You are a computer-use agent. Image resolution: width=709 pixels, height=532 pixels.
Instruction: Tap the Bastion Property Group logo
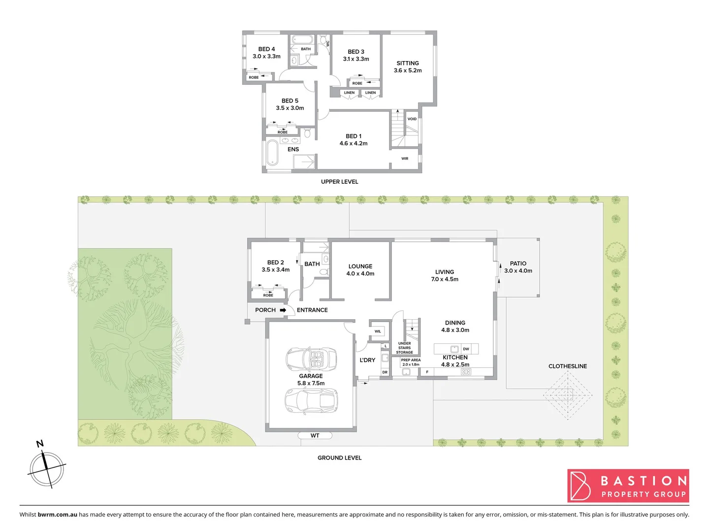click(628, 486)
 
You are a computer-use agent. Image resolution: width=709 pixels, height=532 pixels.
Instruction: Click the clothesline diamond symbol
click(568, 395)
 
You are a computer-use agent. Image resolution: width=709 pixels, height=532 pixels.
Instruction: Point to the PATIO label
click(518, 264)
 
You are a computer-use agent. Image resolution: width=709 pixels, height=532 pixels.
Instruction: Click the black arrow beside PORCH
click(283, 310)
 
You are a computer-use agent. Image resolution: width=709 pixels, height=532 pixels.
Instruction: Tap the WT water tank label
click(315, 435)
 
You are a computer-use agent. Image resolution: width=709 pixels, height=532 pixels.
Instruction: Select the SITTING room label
click(408, 63)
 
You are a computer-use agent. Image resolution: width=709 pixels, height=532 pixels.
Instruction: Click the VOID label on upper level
click(412, 119)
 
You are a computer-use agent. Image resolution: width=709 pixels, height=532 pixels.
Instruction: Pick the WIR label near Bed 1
click(405, 159)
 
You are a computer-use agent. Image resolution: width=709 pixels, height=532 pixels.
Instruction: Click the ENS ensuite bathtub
click(272, 153)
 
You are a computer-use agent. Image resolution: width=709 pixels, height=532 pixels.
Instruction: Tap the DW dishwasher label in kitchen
click(466, 349)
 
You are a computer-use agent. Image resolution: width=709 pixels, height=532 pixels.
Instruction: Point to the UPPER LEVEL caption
click(339, 182)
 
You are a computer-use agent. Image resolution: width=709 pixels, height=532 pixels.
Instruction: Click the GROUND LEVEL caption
click(339, 458)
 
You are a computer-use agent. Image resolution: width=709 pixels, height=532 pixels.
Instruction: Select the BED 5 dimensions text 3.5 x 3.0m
click(290, 108)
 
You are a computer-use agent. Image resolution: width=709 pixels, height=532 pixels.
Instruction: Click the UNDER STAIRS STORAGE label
click(404, 348)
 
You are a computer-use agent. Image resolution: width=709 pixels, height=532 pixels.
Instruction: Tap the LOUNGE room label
click(360, 266)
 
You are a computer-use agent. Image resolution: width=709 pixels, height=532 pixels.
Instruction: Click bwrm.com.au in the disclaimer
click(57, 514)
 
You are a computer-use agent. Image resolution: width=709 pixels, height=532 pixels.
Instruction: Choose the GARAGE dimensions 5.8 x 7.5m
click(311, 383)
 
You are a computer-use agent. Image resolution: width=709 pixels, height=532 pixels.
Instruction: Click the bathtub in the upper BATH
click(301, 40)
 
